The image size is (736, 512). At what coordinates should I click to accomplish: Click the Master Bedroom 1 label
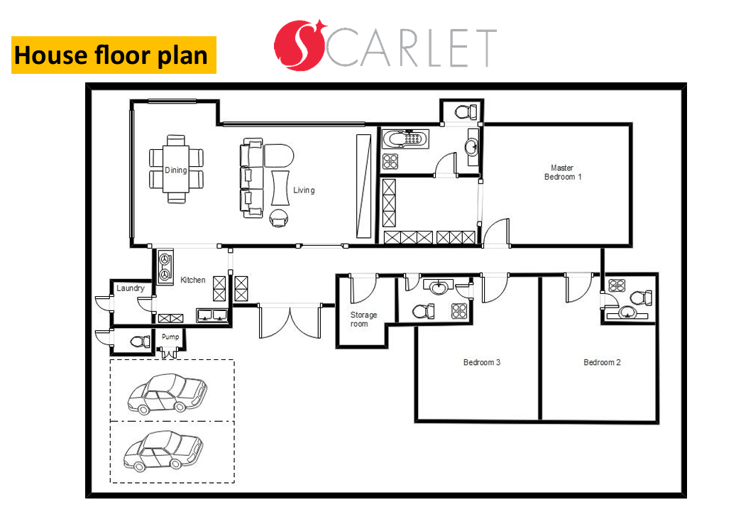pyautogui.click(x=562, y=173)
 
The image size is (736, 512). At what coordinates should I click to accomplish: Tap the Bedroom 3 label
pyautogui.click(x=482, y=362)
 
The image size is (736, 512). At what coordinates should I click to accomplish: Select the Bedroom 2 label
pyautogui.click(x=602, y=362)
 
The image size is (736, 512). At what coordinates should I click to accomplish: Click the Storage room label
pyautogui.click(x=363, y=319)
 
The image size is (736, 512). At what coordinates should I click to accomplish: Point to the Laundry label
pyautogui.click(x=130, y=288)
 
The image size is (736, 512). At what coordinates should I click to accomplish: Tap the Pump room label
pyautogui.click(x=170, y=337)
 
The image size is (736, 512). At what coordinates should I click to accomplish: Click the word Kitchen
pyautogui.click(x=193, y=280)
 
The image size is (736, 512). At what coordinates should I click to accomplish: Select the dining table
pyautogui.click(x=176, y=170)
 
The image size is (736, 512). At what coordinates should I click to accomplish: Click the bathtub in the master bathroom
pyautogui.click(x=405, y=139)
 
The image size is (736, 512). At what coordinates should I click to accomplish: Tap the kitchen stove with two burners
pyautogui.click(x=165, y=267)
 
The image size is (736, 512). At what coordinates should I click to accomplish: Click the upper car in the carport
pyautogui.click(x=167, y=393)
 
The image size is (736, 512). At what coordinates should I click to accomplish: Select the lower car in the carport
pyautogui.click(x=163, y=451)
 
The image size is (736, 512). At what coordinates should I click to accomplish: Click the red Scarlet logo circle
pyautogui.click(x=300, y=45)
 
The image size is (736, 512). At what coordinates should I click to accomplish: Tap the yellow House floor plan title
pyautogui.click(x=114, y=55)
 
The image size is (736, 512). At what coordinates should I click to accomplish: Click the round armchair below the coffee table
pyautogui.click(x=279, y=218)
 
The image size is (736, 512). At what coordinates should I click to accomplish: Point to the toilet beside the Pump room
pyautogui.click(x=139, y=341)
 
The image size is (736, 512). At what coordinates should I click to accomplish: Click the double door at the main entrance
pyautogui.click(x=290, y=322)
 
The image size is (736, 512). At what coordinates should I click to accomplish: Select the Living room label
pyautogui.click(x=304, y=190)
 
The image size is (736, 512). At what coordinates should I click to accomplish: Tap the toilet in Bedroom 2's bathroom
pyautogui.click(x=640, y=298)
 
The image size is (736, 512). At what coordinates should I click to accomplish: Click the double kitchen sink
pyautogui.click(x=212, y=315)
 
